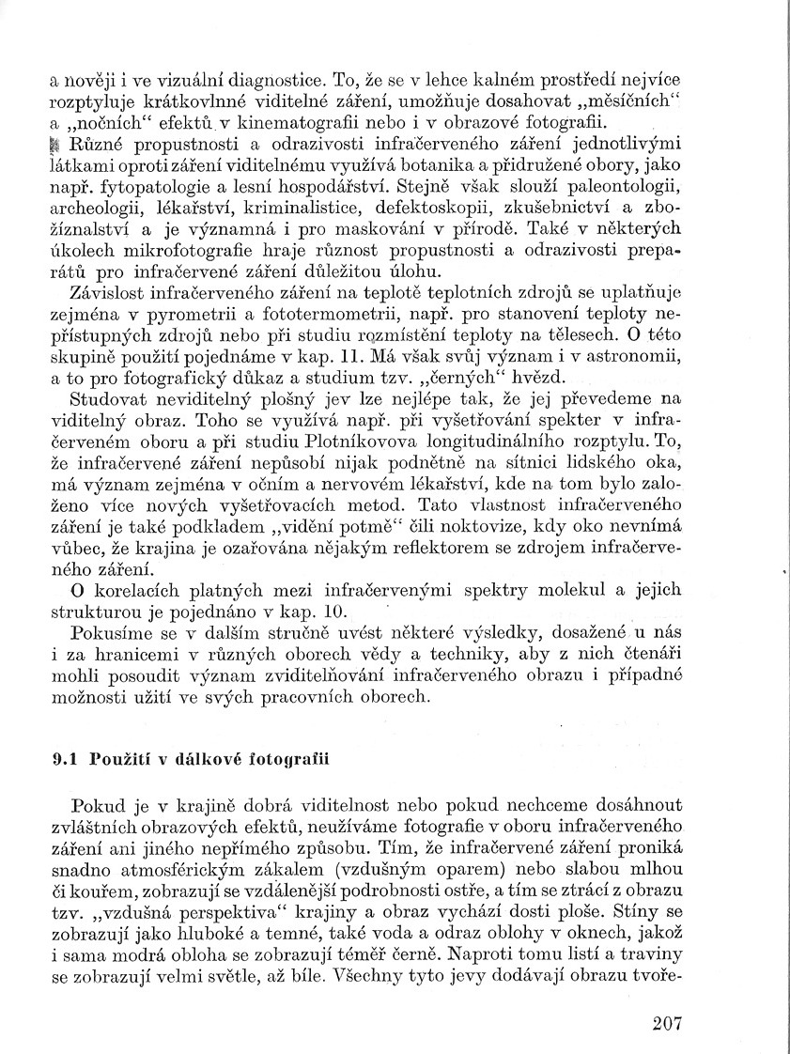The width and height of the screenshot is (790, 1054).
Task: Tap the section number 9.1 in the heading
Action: [64, 762]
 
